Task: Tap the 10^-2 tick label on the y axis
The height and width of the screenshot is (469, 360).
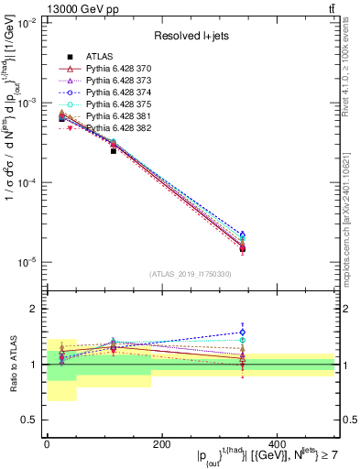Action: [27, 24]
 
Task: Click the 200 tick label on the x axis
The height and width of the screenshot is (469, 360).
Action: [161, 444]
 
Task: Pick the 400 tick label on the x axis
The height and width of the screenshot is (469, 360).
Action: [276, 444]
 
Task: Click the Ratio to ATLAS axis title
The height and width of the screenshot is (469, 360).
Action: [12, 363]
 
